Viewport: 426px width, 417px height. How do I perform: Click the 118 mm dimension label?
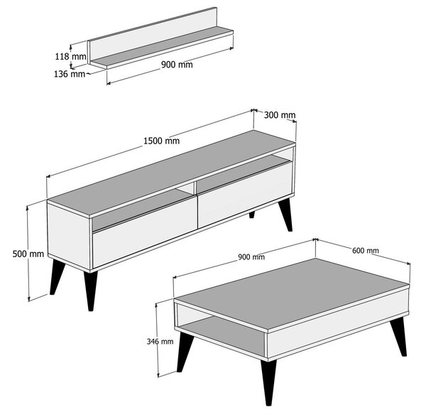[71, 56]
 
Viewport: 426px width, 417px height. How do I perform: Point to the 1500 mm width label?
[162, 141]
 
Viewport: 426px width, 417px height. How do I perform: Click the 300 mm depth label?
[279, 115]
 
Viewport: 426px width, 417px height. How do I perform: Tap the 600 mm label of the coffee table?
[365, 250]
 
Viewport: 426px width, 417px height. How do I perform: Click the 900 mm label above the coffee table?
[251, 256]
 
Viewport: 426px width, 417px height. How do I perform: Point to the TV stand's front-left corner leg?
[90, 290]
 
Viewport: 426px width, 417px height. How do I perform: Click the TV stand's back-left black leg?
[56, 278]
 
